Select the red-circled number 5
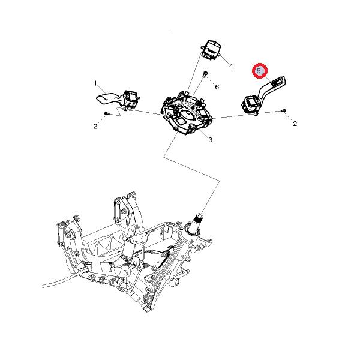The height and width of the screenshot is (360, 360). [x=260, y=71]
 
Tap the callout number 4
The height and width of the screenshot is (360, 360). [x=231, y=65]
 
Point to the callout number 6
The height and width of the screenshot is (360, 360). [x=217, y=87]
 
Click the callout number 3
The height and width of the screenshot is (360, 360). [x=210, y=140]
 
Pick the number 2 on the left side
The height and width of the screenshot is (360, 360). [x=95, y=126]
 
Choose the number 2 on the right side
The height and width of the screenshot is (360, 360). [x=295, y=123]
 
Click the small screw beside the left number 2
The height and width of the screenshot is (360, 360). [x=106, y=113]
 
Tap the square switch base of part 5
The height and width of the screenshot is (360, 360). [x=250, y=104]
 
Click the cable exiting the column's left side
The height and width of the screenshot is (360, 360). [x=60, y=281]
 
